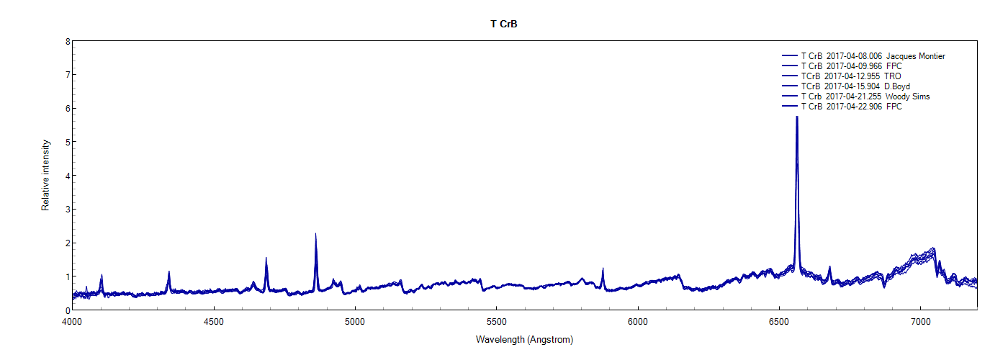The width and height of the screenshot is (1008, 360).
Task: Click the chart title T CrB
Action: click(x=504, y=24)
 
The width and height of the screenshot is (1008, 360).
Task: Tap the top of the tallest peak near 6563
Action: click(x=797, y=117)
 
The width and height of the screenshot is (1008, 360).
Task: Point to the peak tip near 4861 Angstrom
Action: click(x=315, y=234)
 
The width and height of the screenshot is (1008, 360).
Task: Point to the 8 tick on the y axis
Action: click(x=67, y=42)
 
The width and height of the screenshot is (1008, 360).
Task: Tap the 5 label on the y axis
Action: click(x=67, y=143)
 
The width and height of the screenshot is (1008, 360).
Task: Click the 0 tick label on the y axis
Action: click(x=67, y=310)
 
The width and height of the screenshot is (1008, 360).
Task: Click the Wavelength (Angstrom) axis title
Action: click(x=524, y=339)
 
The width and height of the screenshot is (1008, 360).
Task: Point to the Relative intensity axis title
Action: click(x=45, y=176)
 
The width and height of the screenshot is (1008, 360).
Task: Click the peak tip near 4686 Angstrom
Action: click(x=266, y=258)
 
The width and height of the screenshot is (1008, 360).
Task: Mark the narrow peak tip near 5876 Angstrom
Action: click(x=603, y=269)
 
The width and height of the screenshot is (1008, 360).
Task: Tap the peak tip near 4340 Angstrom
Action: click(x=168, y=271)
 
